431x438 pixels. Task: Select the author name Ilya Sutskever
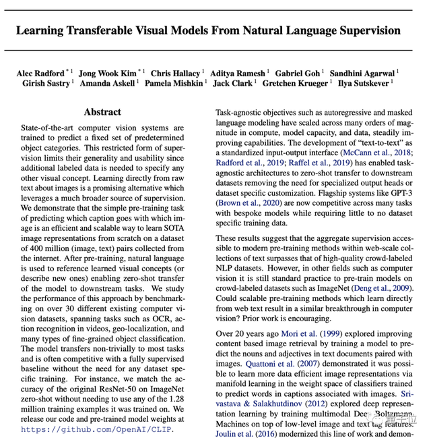tap(362, 84)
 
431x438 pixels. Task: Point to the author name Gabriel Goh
tap(298, 73)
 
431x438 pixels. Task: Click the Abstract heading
tap(102, 111)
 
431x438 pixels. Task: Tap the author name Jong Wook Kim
tap(106, 73)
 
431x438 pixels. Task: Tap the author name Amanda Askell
tap(107, 84)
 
